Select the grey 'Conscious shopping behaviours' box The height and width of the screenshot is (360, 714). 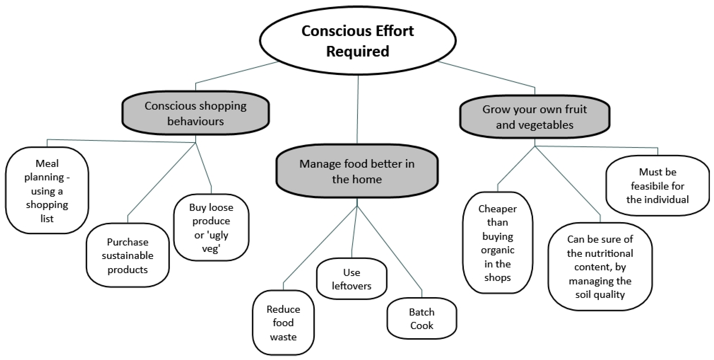pos(196,113)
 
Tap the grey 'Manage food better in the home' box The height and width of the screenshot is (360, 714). pos(357,171)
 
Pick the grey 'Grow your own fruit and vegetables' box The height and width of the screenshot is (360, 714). pos(534,117)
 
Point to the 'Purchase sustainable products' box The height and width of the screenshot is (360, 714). pos(127,255)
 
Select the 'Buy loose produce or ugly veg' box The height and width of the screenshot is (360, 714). pos(211,228)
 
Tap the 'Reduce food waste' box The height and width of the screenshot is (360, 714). pos(283,323)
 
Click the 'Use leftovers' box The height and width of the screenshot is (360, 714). pos(351,279)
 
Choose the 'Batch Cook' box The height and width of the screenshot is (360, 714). pos(422,318)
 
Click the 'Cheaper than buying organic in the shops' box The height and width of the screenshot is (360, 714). pos(498,243)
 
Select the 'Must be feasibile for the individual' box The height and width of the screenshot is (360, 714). pos(658,186)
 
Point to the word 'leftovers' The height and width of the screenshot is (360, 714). pos(351,286)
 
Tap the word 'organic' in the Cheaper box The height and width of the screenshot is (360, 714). pos(498,250)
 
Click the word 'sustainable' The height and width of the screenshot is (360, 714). pos(127,255)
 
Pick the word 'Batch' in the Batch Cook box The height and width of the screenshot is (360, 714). pos(422,312)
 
